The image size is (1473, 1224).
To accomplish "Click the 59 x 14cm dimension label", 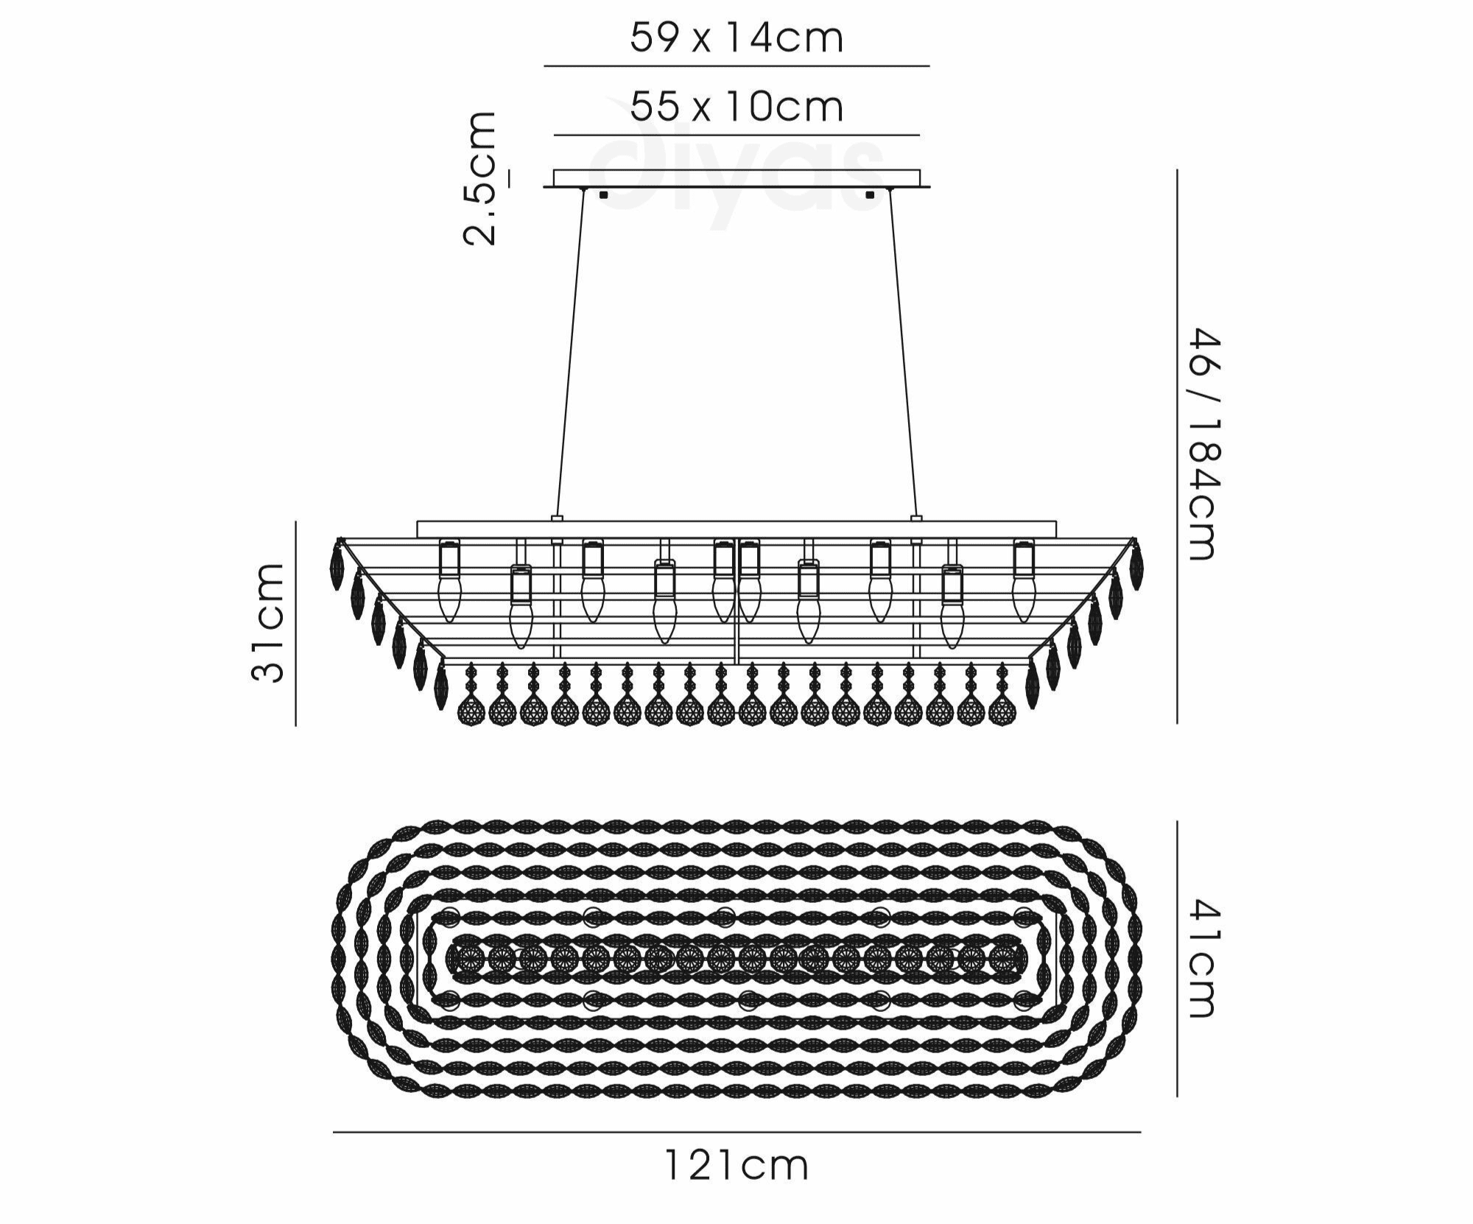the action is pyautogui.click(x=736, y=38).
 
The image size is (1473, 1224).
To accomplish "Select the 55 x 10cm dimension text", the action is pyautogui.click(x=736, y=107).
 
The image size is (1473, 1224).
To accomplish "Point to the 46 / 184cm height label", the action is pyautogui.click(x=1206, y=444).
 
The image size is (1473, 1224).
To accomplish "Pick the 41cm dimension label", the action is pyautogui.click(x=1206, y=957).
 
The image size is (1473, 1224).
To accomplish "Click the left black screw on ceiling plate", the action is pyautogui.click(x=604, y=196).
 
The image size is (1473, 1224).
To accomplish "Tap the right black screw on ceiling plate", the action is pyautogui.click(x=870, y=196).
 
